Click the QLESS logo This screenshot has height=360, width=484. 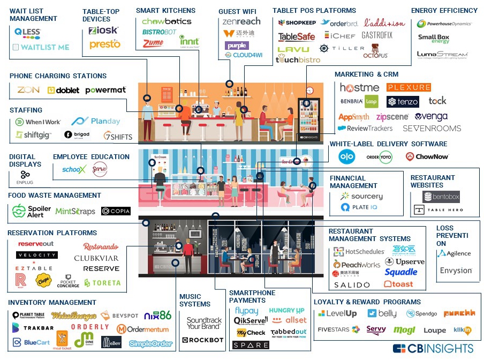[x=27, y=32]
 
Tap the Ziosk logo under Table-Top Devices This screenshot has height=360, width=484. [x=103, y=31]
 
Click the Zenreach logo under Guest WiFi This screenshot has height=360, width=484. [x=241, y=21]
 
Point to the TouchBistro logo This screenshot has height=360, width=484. [x=298, y=60]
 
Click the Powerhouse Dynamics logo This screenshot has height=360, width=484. [x=448, y=24]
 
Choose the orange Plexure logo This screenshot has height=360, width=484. [x=409, y=87]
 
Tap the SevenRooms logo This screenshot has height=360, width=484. [x=432, y=129]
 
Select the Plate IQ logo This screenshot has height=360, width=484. [x=362, y=208]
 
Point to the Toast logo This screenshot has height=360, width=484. [x=399, y=284]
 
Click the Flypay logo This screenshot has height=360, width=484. [x=246, y=311]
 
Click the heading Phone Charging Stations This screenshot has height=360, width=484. [x=58, y=76]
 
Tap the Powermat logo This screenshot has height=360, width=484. [x=105, y=90]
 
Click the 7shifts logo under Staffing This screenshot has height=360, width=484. [x=118, y=136]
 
